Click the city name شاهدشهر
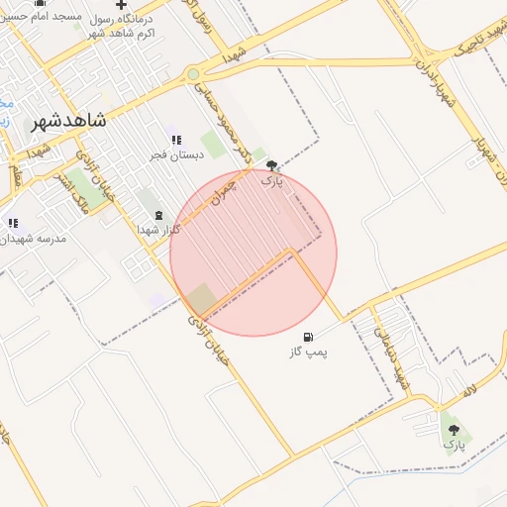[x=68, y=121]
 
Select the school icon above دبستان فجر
[x=176, y=141]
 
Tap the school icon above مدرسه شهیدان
[x=13, y=223]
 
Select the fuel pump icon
[x=309, y=337]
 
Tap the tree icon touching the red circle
[x=272, y=166]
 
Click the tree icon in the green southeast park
[x=455, y=430]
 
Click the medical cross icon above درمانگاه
[x=121, y=5]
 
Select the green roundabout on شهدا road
[x=193, y=74]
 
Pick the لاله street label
[x=469, y=392]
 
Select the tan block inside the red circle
[x=202, y=297]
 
